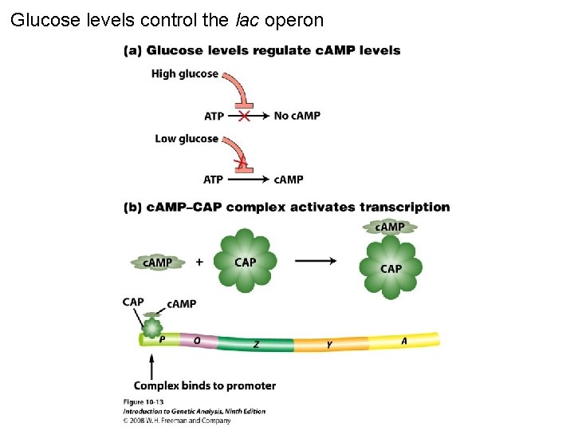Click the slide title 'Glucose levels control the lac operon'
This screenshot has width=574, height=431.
pos(167,20)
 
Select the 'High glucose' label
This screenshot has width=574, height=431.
pos(184,74)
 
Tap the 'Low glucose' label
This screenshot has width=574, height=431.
pos(187,139)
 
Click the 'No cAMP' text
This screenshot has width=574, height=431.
pos(297,116)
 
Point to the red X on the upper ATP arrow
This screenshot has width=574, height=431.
pos(244,116)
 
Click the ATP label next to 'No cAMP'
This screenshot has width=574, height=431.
pos(214,117)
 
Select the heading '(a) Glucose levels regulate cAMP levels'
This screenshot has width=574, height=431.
pos(261,50)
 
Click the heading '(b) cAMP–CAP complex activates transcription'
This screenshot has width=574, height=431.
pos(286,208)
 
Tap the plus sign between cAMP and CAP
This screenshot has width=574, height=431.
pos(199,261)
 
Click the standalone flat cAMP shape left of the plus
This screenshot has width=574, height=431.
pos(157,262)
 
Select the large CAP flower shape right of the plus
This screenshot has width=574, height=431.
pos(246,261)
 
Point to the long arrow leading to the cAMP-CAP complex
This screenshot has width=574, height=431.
pos(315,261)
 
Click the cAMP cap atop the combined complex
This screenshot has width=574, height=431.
pos(390,227)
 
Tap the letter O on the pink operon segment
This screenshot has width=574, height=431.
pos(196,339)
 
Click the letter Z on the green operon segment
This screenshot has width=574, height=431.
pos(256,344)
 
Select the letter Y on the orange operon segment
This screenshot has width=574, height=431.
pos(329,345)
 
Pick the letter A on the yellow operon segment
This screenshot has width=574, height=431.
pos(404,341)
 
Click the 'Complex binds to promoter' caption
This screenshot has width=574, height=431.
pos(205,386)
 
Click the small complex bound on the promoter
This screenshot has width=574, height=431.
pos(151,326)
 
